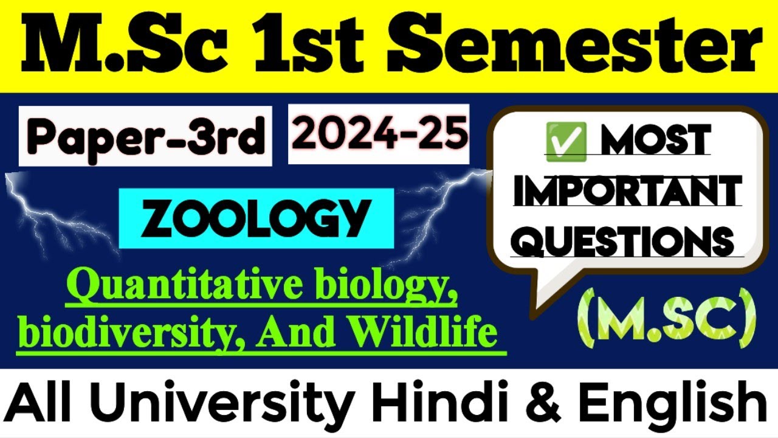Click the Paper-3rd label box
tap(145, 136)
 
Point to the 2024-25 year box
tap(379, 134)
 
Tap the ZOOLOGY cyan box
tap(256, 217)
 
